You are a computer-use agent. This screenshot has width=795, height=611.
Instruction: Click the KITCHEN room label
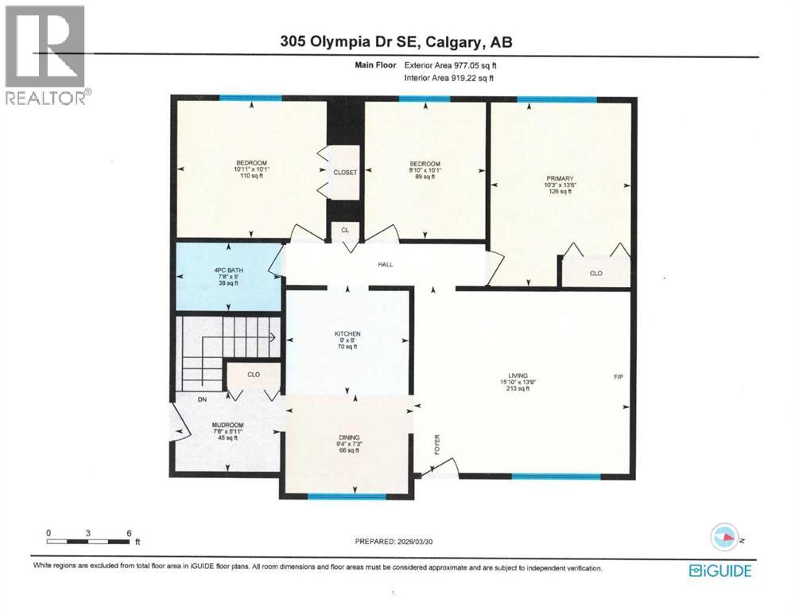coord(347,333)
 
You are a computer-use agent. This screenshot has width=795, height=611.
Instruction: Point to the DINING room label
coord(349,438)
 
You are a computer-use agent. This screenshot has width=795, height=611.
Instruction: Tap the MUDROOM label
coord(227,426)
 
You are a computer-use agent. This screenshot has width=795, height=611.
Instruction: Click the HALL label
coord(386,265)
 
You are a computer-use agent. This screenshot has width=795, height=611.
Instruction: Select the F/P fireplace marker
coord(618,376)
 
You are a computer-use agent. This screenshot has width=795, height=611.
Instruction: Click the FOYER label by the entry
coord(437,443)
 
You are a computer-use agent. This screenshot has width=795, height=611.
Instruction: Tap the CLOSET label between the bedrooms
coord(345,172)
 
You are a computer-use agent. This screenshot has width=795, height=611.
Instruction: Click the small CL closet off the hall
coord(344,230)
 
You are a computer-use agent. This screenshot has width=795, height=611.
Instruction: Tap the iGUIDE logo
coord(720,570)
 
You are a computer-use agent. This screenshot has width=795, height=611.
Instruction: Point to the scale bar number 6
coord(128,532)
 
